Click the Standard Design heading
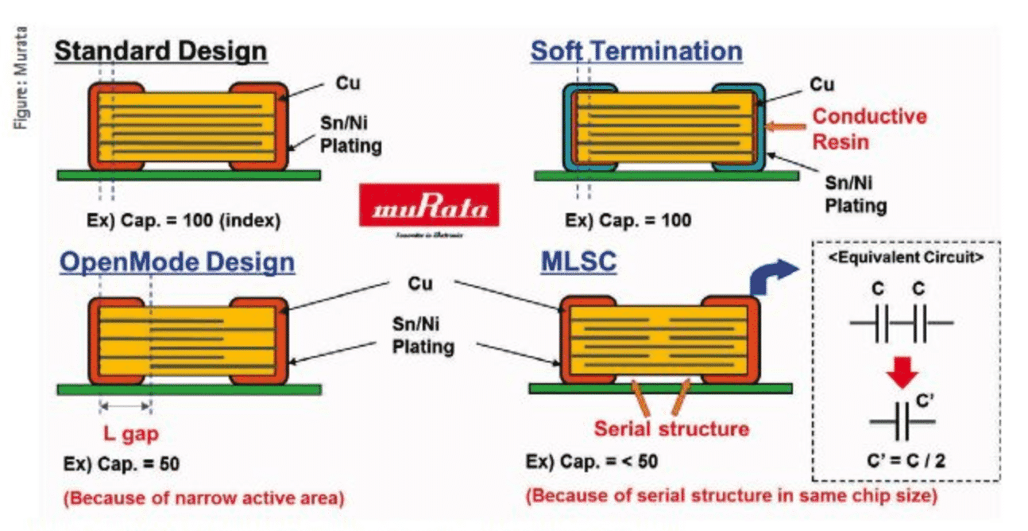point(160,52)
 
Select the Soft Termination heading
point(636,52)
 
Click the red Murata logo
point(429,210)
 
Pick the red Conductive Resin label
point(869,129)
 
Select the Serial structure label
point(672,429)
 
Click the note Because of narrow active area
point(203,498)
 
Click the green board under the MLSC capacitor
point(659,388)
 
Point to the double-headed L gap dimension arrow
point(125,406)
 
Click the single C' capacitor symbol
point(901,421)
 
